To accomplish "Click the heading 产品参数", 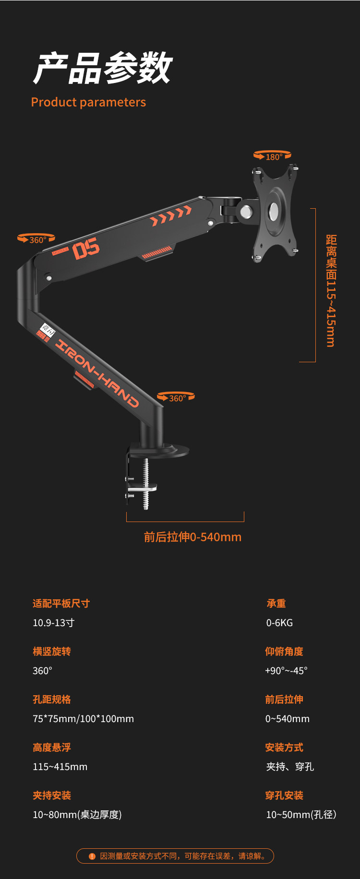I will (103, 68).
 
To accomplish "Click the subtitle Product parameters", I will (88, 102).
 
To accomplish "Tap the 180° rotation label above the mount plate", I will (273, 156).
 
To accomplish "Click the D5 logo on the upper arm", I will (86, 249).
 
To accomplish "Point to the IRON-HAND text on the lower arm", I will (98, 373).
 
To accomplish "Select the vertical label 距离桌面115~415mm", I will (331, 290).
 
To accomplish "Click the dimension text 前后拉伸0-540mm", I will (192, 537).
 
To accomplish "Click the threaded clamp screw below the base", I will (146, 484).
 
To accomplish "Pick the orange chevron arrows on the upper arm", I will (171, 215).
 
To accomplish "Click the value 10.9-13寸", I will (53, 623).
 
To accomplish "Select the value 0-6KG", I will (279, 623).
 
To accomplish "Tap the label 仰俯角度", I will (284, 652).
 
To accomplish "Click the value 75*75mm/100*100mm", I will (83, 719).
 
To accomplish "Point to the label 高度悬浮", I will (52, 748).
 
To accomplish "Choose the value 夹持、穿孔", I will (290, 767).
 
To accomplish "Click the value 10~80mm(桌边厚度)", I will (77, 815).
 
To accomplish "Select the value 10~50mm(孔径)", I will (301, 815).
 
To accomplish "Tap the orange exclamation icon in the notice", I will (92, 856).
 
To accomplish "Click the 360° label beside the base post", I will (176, 398).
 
